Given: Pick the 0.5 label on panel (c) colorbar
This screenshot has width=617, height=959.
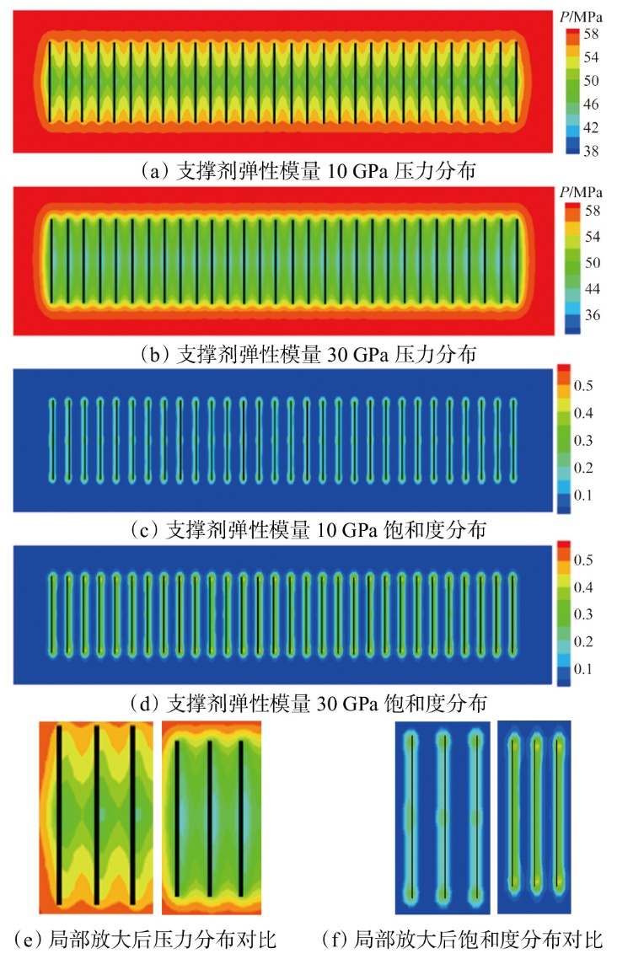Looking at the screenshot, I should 583,385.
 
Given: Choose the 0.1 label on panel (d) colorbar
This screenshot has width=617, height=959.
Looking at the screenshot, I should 583,668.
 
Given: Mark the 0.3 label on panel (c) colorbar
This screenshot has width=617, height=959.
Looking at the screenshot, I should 583,441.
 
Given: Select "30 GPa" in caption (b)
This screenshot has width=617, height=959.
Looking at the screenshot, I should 359,355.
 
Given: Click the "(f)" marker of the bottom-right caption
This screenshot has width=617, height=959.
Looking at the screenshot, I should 336,939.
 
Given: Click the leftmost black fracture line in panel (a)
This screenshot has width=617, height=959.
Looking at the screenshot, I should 51,82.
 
